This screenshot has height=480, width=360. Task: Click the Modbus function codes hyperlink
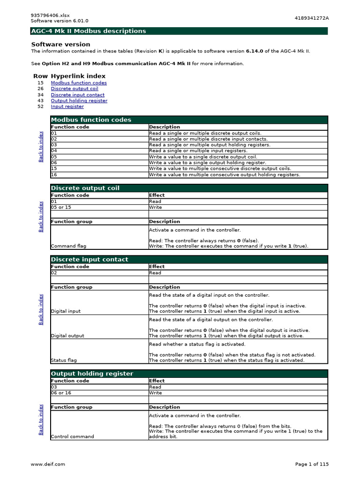click(79, 83)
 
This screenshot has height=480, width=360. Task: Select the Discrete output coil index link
click(75, 89)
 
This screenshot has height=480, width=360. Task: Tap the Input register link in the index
click(67, 106)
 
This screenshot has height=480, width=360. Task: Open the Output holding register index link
click(79, 101)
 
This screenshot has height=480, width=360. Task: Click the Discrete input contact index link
click(77, 95)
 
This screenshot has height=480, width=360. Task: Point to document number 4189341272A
click(312, 18)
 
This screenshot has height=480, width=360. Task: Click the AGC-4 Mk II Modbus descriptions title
click(89, 31)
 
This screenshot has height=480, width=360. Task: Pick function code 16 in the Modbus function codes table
click(54, 175)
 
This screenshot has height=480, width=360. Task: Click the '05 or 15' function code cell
click(61, 207)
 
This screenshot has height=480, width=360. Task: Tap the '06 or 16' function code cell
click(61, 393)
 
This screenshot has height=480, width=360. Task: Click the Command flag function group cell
click(68, 246)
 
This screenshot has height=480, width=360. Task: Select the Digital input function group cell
click(66, 311)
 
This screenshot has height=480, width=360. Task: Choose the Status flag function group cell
click(64, 360)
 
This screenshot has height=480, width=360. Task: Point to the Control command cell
click(72, 436)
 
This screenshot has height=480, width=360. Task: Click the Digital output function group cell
click(67, 336)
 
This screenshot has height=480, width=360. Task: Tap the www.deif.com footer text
click(48, 464)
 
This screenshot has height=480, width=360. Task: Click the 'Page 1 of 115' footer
click(312, 464)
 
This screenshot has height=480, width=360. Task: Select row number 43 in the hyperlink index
click(41, 101)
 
